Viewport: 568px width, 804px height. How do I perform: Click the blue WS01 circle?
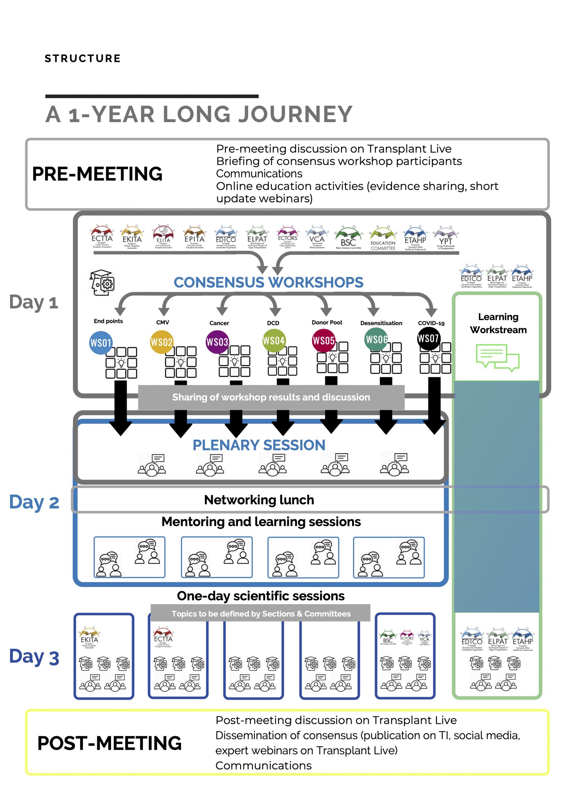click(x=101, y=342)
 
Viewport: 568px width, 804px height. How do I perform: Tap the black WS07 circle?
click(x=428, y=338)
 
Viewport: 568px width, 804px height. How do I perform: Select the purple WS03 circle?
click(x=217, y=342)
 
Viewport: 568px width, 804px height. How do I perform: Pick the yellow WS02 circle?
click(x=161, y=342)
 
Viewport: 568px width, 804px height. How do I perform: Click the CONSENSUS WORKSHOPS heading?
click(x=268, y=282)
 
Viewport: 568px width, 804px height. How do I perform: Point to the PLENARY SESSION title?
click(x=259, y=445)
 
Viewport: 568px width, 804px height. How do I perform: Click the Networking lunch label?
click(x=259, y=500)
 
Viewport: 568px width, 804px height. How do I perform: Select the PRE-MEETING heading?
click(x=97, y=174)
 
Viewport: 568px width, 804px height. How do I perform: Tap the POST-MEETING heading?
click(x=110, y=743)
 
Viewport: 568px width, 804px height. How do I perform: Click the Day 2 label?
click(x=34, y=502)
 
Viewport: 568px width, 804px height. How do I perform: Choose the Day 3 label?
click(x=34, y=657)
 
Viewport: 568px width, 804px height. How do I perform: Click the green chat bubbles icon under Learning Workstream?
click(x=497, y=357)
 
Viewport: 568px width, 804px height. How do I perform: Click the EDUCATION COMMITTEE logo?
click(x=383, y=238)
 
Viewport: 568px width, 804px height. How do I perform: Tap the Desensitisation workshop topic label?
click(x=381, y=323)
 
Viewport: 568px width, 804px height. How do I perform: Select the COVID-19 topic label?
click(x=431, y=323)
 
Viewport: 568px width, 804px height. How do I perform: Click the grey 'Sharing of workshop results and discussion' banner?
click(x=271, y=397)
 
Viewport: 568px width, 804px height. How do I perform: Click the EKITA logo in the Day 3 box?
click(x=89, y=637)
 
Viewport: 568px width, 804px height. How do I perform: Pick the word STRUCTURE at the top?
click(x=83, y=58)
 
